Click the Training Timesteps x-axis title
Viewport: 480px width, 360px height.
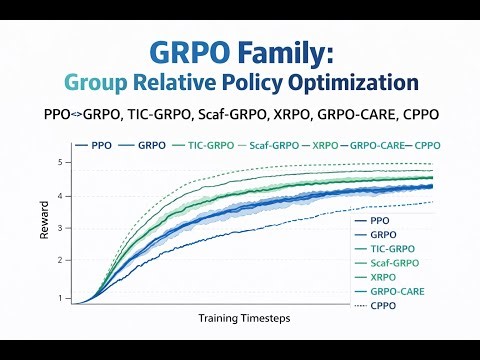238,317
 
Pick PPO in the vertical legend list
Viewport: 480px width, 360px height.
380,220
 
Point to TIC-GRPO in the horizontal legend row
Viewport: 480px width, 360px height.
210,145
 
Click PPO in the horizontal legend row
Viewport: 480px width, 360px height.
101,145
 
